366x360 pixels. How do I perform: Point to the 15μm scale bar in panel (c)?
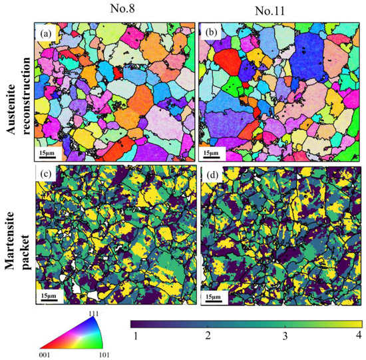click(x=50, y=295)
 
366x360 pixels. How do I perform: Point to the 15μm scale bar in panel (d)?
click(x=214, y=295)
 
